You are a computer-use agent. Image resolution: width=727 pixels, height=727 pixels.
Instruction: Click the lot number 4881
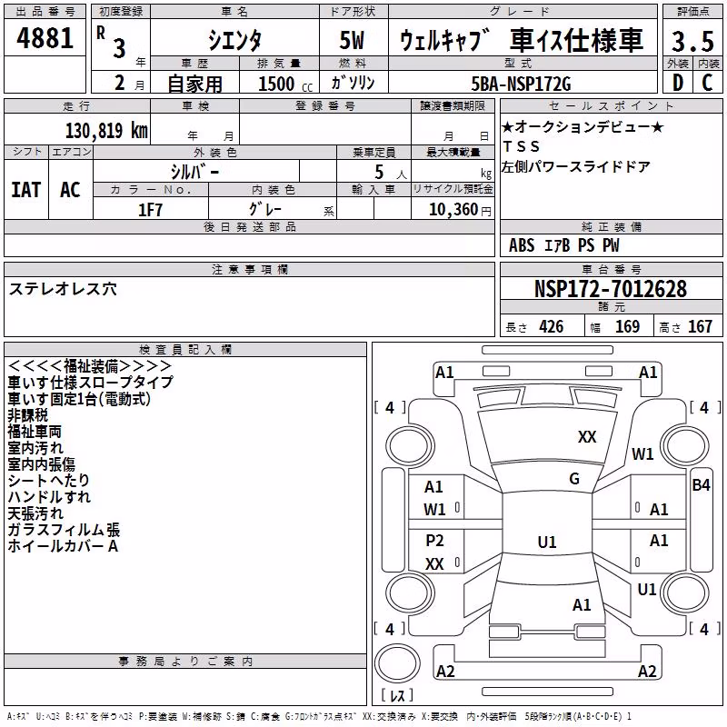click(45, 38)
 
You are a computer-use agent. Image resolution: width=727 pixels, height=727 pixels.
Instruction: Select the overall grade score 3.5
click(692, 41)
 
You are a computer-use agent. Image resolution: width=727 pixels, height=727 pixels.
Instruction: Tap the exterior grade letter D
click(678, 83)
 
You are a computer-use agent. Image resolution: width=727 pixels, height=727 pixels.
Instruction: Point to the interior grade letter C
click(707, 83)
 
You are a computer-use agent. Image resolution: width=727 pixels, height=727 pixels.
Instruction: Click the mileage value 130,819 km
click(106, 131)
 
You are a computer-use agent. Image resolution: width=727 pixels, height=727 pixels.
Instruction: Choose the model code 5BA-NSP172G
click(521, 84)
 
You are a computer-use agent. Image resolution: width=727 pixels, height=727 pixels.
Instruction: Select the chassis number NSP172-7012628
click(611, 289)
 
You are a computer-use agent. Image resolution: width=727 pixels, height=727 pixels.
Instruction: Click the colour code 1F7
click(150, 210)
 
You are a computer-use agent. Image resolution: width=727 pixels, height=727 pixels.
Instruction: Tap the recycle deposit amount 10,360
click(453, 210)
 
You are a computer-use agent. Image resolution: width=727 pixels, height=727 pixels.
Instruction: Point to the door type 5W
click(352, 40)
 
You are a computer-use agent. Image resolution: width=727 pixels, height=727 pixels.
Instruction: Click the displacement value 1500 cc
click(285, 84)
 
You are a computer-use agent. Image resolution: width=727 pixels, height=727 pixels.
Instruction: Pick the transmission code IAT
click(26, 190)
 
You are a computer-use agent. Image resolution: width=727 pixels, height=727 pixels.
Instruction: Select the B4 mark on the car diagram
click(701, 485)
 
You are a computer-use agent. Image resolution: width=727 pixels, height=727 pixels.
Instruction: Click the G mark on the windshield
click(574, 479)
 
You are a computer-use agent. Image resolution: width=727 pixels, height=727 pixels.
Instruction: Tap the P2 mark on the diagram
click(434, 540)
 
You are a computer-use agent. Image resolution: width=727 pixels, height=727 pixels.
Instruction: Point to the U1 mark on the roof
click(547, 542)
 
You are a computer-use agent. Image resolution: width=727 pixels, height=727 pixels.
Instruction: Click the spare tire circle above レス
click(397, 662)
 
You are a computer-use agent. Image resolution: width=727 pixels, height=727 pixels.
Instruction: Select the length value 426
click(552, 327)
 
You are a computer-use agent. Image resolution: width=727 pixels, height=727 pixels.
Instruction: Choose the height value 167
click(700, 327)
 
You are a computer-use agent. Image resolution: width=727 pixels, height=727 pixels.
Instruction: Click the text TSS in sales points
click(522, 146)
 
